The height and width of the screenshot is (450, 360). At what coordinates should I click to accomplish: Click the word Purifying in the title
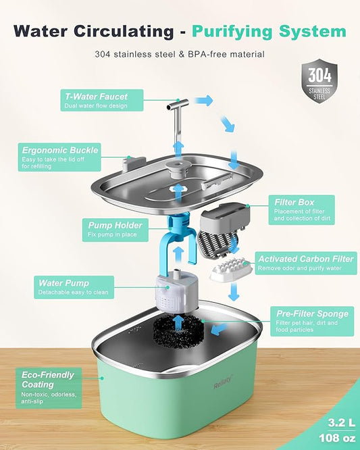click(267, 31)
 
